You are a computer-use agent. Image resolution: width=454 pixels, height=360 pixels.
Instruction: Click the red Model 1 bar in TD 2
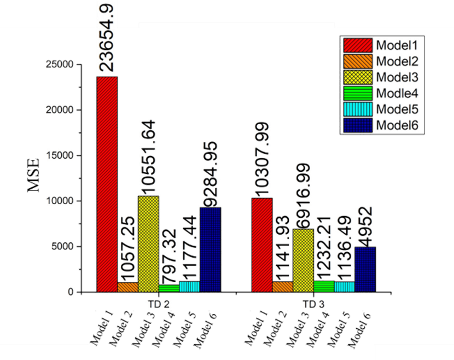click(107, 184)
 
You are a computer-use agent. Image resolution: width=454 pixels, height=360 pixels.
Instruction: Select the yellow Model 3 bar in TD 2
click(148, 244)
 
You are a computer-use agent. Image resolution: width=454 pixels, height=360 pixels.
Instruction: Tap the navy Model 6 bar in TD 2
click(210, 250)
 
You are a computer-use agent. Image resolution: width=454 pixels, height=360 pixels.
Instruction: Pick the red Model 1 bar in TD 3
click(262, 245)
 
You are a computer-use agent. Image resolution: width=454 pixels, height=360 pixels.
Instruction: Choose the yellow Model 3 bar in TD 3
click(303, 261)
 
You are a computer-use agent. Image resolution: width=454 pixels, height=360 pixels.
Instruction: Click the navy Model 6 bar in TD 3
click(365, 269)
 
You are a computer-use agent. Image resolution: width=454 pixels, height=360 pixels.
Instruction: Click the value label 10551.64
click(148, 157)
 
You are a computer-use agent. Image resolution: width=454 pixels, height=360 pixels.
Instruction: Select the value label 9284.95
click(210, 174)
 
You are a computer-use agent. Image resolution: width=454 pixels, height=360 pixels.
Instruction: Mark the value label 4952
click(365, 227)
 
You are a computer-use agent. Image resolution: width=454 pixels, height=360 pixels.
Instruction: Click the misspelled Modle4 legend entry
click(397, 93)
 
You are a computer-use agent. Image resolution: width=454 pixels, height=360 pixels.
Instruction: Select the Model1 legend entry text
click(397, 45)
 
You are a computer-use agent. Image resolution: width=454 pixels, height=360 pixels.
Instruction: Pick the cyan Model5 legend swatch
click(358, 109)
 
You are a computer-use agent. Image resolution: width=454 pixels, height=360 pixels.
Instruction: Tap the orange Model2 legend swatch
click(358, 61)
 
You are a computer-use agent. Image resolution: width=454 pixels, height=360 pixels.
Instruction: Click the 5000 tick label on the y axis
click(62, 246)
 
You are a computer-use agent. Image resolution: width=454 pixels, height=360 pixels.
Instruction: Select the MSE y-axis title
click(33, 175)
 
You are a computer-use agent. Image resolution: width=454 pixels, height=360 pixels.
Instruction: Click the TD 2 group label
click(158, 304)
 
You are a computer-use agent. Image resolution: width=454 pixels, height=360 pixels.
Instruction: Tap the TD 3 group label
click(314, 304)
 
